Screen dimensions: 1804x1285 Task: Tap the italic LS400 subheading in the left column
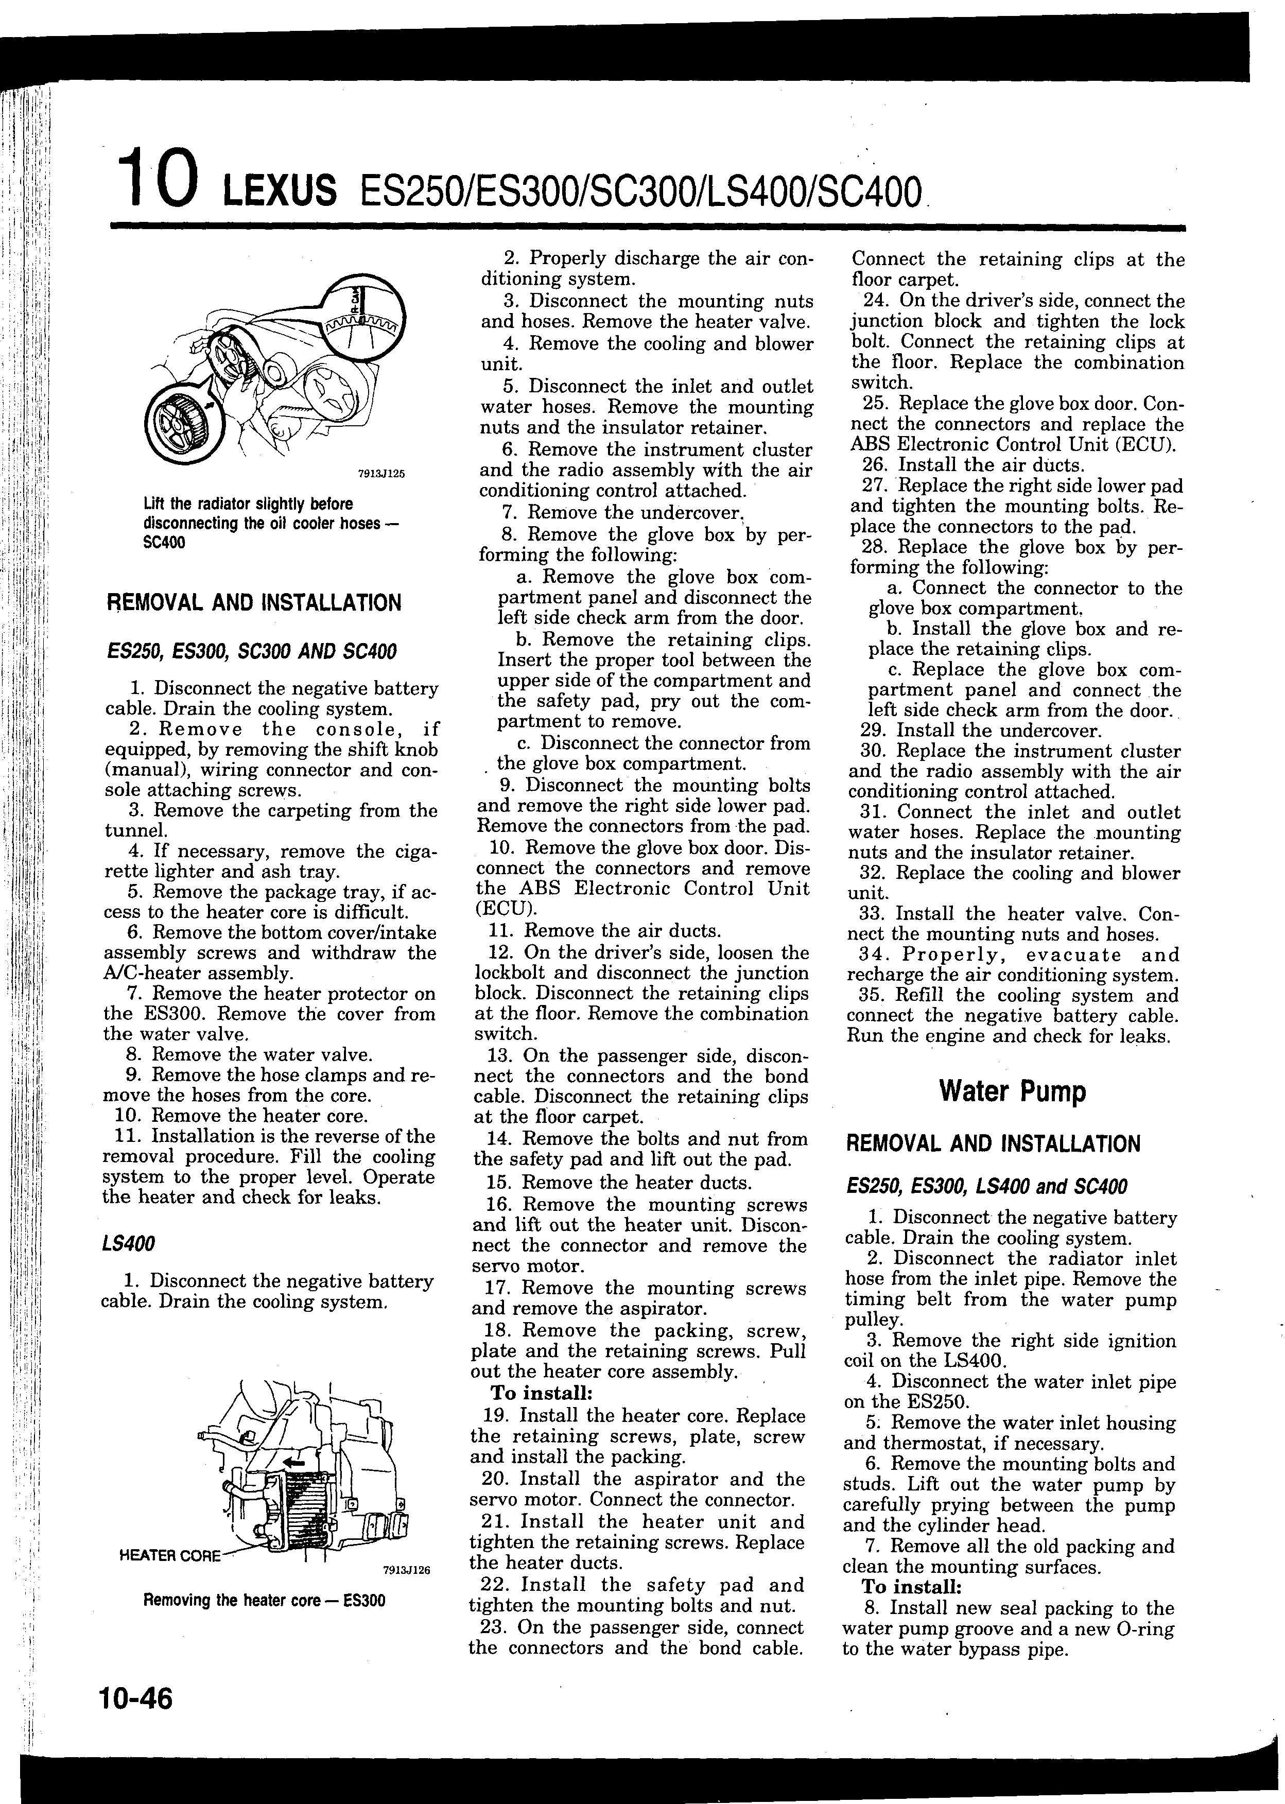[128, 1243]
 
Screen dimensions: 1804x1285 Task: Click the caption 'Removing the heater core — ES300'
[264, 1600]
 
